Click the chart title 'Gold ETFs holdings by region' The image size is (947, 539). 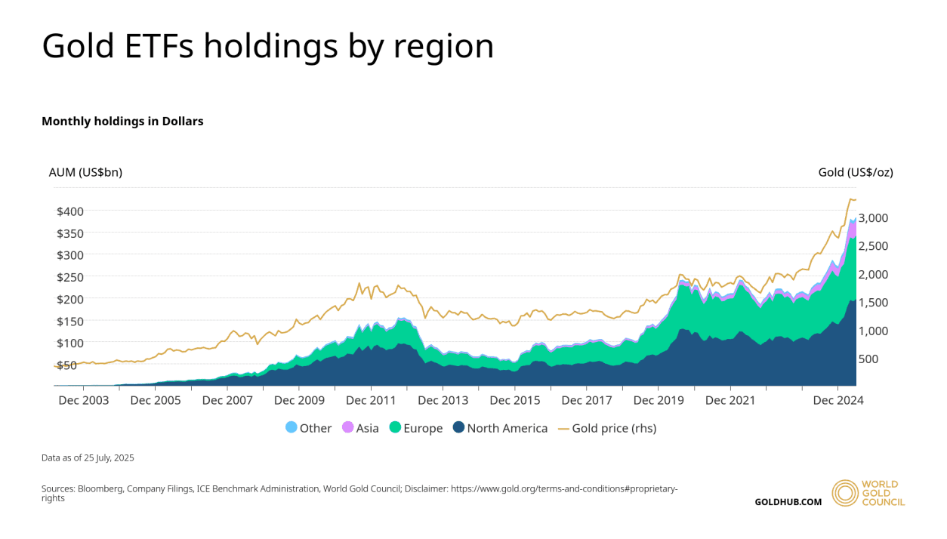tap(268, 46)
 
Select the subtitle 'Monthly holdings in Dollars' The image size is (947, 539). tap(122, 121)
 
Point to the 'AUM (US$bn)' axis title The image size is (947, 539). tap(85, 172)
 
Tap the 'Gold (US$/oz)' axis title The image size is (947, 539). tap(856, 172)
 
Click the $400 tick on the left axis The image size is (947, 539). tap(70, 211)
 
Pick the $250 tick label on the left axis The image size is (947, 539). tap(70, 277)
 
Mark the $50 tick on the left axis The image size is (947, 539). tap(67, 365)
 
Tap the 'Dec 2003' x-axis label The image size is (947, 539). tap(84, 400)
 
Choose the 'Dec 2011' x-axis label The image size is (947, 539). tap(371, 400)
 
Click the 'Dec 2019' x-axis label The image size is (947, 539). tap(659, 400)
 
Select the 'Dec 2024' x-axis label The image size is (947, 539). tap(837, 400)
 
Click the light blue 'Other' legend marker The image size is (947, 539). tap(292, 427)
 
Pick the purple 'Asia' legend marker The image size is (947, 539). tap(347, 427)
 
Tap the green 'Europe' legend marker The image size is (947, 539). tap(395, 427)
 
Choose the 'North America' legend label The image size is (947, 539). tap(507, 428)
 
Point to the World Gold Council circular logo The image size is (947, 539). tap(845, 492)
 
